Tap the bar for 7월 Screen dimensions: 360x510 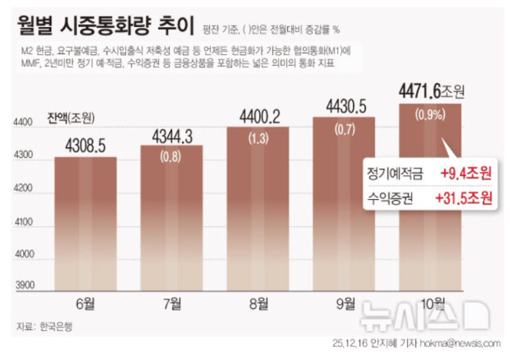pos(172,222)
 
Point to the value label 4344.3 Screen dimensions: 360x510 pos(172,135)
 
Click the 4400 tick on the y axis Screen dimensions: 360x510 pos(25,123)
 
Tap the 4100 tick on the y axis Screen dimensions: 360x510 pos(25,222)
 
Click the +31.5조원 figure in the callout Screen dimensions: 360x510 pos(463,199)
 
